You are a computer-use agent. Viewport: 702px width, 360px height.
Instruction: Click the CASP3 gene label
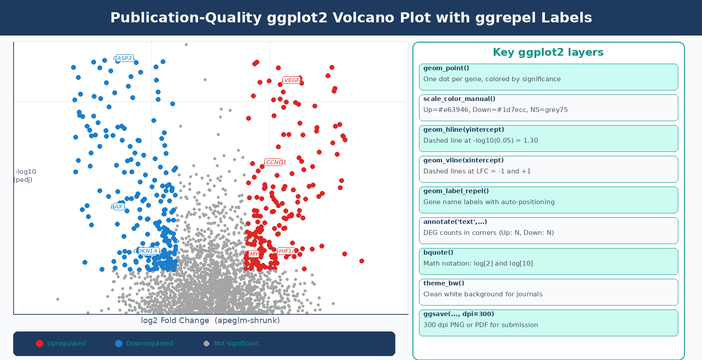tap(124, 58)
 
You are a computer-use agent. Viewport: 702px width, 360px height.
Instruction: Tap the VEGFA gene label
tap(292, 80)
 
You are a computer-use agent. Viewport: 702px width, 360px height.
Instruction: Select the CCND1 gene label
tap(276, 162)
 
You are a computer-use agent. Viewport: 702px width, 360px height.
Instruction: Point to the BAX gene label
tap(118, 207)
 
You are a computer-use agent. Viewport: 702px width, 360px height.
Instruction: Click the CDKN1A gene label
tap(147, 251)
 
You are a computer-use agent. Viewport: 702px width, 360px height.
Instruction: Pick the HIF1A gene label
tap(287, 251)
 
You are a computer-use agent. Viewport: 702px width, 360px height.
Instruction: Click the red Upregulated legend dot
tap(40, 343)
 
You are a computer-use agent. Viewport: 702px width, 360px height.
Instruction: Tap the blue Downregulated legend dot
tap(119, 343)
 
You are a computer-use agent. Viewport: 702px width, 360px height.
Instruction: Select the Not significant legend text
tap(236, 343)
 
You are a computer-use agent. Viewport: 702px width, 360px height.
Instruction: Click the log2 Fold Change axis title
tap(210, 320)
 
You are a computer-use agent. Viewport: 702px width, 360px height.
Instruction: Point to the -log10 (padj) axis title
tap(25, 176)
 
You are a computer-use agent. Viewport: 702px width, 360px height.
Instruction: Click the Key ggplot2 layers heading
tap(548, 52)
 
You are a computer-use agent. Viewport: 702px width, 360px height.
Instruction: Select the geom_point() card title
tap(446, 68)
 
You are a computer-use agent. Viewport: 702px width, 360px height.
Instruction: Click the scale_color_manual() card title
tap(459, 99)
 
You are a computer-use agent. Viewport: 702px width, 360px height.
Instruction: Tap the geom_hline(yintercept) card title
tap(464, 130)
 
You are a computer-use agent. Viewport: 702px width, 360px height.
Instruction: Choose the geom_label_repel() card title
tap(456, 191)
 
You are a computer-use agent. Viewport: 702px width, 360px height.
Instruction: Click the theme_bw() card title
tap(444, 283)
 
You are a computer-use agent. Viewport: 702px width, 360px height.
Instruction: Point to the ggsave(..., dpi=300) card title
tap(458, 314)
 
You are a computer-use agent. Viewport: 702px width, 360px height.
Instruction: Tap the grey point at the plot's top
tap(186, 44)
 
